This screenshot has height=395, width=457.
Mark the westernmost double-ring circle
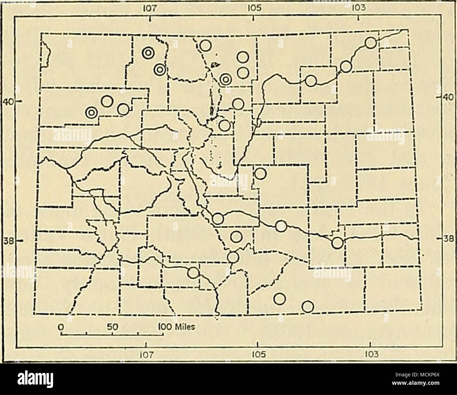pyautogui.click(x=91, y=112)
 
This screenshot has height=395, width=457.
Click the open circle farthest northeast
pyautogui.click(x=371, y=43)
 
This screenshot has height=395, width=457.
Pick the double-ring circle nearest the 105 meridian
pyautogui.click(x=225, y=80)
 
